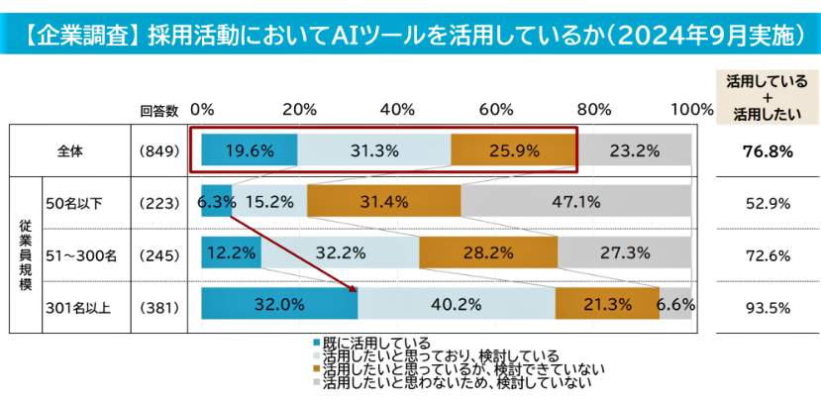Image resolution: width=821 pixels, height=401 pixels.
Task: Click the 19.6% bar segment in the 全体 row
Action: click(249, 151)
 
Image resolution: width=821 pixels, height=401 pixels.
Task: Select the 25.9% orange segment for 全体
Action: click(513, 151)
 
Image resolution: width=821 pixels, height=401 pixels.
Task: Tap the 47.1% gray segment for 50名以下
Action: click(575, 202)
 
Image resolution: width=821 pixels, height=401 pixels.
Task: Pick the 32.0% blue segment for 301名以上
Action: click(278, 305)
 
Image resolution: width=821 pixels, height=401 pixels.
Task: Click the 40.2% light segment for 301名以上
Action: click(457, 305)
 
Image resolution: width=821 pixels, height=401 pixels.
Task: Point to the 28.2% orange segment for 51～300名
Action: click(487, 253)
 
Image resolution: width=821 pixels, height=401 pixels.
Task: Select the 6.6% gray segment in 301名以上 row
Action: click(675, 305)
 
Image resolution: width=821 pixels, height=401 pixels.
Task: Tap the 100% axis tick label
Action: click(691, 108)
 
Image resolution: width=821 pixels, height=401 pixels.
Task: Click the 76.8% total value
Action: click(769, 152)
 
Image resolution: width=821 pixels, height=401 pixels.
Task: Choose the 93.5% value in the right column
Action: click(769, 307)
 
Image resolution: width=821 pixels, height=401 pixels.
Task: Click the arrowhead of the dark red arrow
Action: click(353, 288)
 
